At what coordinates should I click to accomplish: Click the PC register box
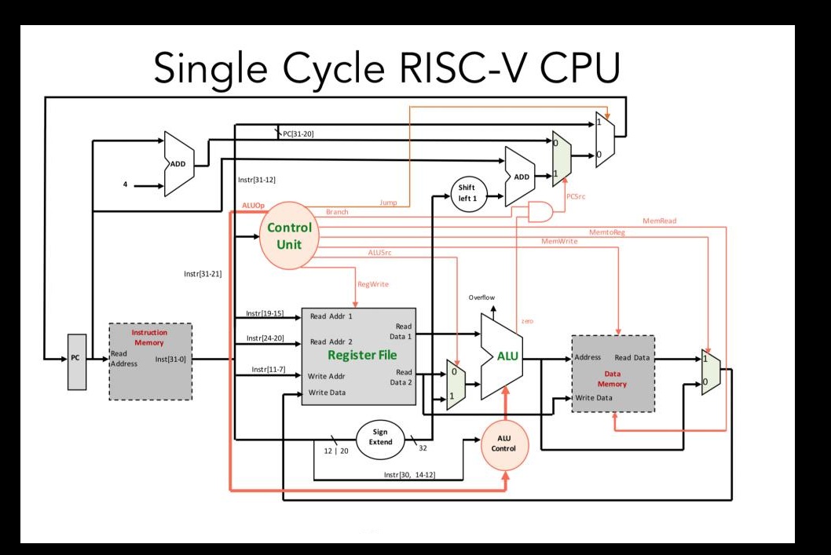[76, 360]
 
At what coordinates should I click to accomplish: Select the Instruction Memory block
[149, 361]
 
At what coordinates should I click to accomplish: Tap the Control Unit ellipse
[290, 236]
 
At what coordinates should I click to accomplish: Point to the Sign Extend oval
[380, 438]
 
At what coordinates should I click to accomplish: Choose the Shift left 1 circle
[468, 193]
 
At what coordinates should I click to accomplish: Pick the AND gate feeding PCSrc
[540, 210]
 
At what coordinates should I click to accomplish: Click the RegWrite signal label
[374, 284]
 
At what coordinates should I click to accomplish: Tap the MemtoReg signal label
[607, 232]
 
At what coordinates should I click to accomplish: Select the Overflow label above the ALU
[481, 298]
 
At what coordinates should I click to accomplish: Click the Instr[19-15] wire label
[265, 313]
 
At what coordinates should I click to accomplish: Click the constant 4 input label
[123, 185]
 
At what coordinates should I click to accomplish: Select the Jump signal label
[388, 203]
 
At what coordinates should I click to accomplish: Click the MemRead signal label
[659, 221]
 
